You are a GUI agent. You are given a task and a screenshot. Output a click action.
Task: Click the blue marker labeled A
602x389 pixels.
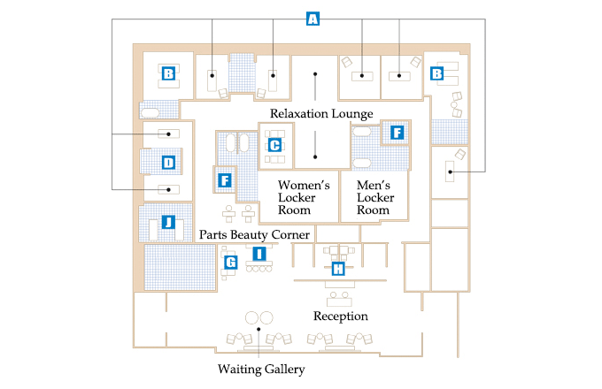click(x=312, y=19)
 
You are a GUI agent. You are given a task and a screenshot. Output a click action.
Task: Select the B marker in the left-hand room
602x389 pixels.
click(x=167, y=74)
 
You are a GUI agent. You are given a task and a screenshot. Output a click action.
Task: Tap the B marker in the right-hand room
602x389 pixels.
click(x=436, y=74)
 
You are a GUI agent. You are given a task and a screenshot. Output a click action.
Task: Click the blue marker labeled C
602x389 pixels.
click(x=274, y=144)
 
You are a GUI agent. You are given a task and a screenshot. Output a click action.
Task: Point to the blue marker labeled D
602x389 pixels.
click(x=167, y=162)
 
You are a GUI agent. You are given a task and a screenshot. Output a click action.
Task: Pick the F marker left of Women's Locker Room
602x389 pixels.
click(x=224, y=181)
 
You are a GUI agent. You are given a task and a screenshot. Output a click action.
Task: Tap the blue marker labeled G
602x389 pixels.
click(x=230, y=262)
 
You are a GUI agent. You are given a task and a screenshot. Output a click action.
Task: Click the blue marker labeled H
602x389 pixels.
click(x=337, y=269)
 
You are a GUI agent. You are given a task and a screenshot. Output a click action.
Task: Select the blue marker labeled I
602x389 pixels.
click(x=259, y=254)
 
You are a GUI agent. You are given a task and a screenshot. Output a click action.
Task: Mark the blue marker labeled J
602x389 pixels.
click(x=167, y=222)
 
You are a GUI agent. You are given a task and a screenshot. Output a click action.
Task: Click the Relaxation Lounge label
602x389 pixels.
click(x=321, y=113)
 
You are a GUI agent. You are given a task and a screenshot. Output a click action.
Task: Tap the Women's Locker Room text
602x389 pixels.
click(x=304, y=198)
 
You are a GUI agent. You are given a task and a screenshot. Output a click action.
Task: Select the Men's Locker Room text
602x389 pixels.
click(x=373, y=198)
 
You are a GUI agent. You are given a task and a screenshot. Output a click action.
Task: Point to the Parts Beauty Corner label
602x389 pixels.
click(x=254, y=235)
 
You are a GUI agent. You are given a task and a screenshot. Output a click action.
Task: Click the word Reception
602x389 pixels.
click(x=341, y=316)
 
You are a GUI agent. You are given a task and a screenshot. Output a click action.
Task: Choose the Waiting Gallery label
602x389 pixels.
click(x=261, y=369)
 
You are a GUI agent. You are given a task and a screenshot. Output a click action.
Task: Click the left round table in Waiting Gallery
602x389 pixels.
click(x=251, y=317)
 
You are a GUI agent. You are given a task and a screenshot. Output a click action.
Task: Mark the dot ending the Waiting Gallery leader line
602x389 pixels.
click(x=259, y=330)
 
